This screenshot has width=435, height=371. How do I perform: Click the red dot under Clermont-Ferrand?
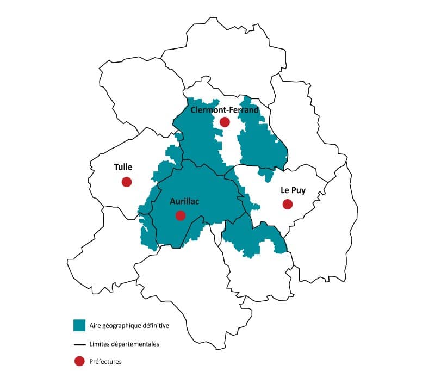[x=225, y=122]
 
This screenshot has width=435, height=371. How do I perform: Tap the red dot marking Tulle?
[x=126, y=182]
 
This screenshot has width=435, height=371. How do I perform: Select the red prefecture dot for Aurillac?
[x=181, y=215]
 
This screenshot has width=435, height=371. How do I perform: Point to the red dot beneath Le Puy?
[x=288, y=204]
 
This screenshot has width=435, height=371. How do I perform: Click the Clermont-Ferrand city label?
[x=225, y=110]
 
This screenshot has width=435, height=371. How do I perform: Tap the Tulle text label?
[x=123, y=168]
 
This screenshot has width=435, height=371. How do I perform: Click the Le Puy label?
[x=293, y=190]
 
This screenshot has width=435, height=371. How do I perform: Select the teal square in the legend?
[x=80, y=325]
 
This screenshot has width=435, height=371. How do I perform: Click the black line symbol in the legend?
[x=80, y=344]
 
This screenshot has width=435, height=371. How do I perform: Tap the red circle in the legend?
[x=80, y=361]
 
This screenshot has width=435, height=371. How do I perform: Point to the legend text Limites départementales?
[x=124, y=344]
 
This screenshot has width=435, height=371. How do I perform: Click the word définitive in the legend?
[x=156, y=326]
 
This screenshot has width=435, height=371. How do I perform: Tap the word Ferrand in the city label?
[x=242, y=110]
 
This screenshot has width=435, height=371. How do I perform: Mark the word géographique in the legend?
[x=122, y=326]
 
